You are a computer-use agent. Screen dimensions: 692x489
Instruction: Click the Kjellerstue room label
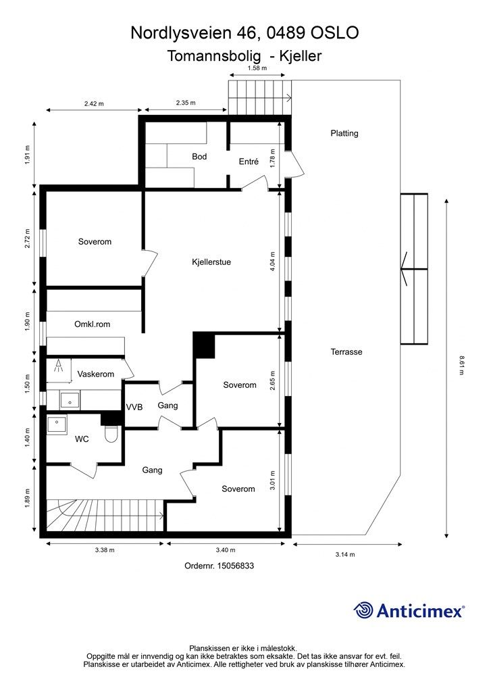pos(211,262)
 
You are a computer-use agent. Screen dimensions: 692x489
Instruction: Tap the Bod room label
pos(199,157)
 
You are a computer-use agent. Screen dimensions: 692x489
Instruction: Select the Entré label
pos(249,162)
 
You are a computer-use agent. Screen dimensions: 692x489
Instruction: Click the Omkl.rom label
pos(92,324)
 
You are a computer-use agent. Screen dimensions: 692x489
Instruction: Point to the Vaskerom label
pos(95,374)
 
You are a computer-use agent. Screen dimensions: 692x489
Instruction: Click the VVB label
pos(134,407)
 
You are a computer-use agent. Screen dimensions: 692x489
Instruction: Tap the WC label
pos(82,439)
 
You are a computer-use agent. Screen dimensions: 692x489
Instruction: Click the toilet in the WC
pos(112,434)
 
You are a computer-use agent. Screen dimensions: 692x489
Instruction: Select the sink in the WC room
pos(57,424)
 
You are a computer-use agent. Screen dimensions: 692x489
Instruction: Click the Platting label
pos(344,133)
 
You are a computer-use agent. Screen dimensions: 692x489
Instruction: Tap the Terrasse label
pos(347,352)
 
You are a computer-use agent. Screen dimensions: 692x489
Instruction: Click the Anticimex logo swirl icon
pos(364,610)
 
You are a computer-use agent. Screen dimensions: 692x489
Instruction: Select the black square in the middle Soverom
pos(204,345)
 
